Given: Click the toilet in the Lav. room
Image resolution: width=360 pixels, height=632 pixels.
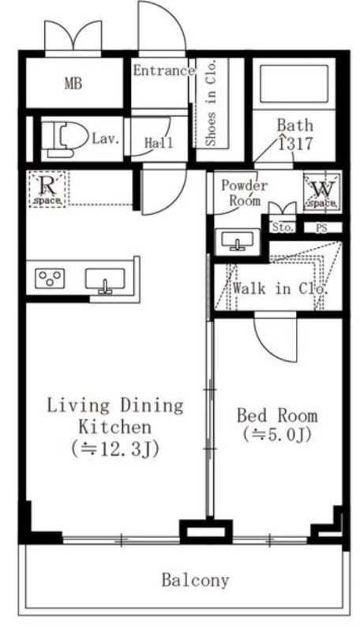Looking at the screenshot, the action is click(x=65, y=140).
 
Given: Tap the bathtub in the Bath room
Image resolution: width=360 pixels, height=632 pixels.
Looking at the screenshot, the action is click(x=294, y=85).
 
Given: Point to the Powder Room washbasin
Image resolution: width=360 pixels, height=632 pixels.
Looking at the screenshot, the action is click(x=238, y=241).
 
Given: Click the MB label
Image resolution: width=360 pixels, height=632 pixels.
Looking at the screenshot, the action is click(x=73, y=84).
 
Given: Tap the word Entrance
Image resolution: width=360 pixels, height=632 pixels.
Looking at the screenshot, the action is click(x=164, y=71).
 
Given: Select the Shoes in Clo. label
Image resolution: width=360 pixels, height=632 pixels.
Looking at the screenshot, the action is click(x=211, y=103).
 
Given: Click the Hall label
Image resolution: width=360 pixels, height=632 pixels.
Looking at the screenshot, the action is click(x=158, y=142).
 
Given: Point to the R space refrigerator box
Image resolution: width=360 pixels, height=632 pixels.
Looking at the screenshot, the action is click(x=47, y=189).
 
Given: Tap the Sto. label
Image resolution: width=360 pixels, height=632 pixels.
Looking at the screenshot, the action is click(x=283, y=228).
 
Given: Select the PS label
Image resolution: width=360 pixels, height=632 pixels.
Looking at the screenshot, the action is click(x=321, y=228).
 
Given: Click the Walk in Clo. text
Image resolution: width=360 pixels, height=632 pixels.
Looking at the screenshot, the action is click(x=279, y=288).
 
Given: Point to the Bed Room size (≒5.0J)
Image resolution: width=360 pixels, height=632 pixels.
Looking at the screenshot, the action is click(x=277, y=434).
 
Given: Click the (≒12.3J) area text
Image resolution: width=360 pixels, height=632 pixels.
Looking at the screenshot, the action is click(x=115, y=448).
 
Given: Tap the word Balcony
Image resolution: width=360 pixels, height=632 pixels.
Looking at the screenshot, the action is click(x=195, y=581).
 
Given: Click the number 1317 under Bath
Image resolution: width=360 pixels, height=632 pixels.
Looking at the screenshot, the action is click(x=295, y=144).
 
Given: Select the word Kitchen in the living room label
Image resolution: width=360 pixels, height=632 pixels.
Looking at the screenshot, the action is click(x=114, y=427).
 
